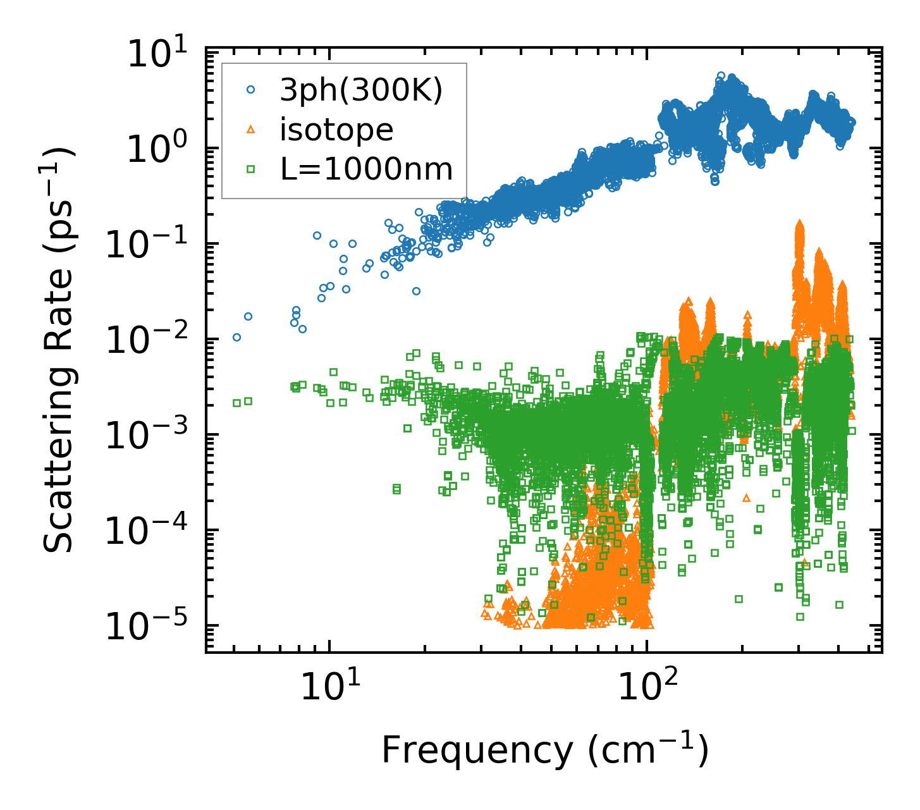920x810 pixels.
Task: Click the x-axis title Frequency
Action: coord(544,751)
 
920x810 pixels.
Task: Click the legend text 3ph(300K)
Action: coord(361,90)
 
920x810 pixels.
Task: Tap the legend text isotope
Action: coord(336,130)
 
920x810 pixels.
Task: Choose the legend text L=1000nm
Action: coord(366,169)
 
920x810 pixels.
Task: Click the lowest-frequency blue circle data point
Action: coord(236,337)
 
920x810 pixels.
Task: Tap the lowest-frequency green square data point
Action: coord(236,403)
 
